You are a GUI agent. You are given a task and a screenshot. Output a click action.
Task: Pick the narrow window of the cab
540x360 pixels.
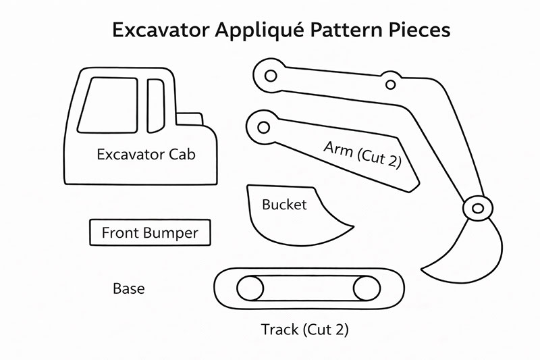pos(156,105)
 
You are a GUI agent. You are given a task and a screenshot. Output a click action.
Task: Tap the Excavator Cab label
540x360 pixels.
pos(146,155)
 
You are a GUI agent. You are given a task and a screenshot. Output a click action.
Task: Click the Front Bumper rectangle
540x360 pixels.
pos(150,233)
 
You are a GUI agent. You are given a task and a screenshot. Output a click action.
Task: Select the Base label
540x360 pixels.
pos(128,289)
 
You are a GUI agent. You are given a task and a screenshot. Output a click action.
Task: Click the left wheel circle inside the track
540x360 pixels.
pos(250,289)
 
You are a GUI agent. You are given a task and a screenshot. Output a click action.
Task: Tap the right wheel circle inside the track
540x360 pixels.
pos(367,289)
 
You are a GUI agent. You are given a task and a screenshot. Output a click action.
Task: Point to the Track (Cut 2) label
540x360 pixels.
pos(304,330)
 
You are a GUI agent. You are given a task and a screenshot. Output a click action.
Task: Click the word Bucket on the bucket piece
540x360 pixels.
pos(284,204)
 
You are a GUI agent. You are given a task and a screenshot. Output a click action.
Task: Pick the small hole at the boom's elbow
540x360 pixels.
pos(389,84)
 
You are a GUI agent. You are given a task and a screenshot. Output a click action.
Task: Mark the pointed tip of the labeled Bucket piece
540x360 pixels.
pos(352,224)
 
